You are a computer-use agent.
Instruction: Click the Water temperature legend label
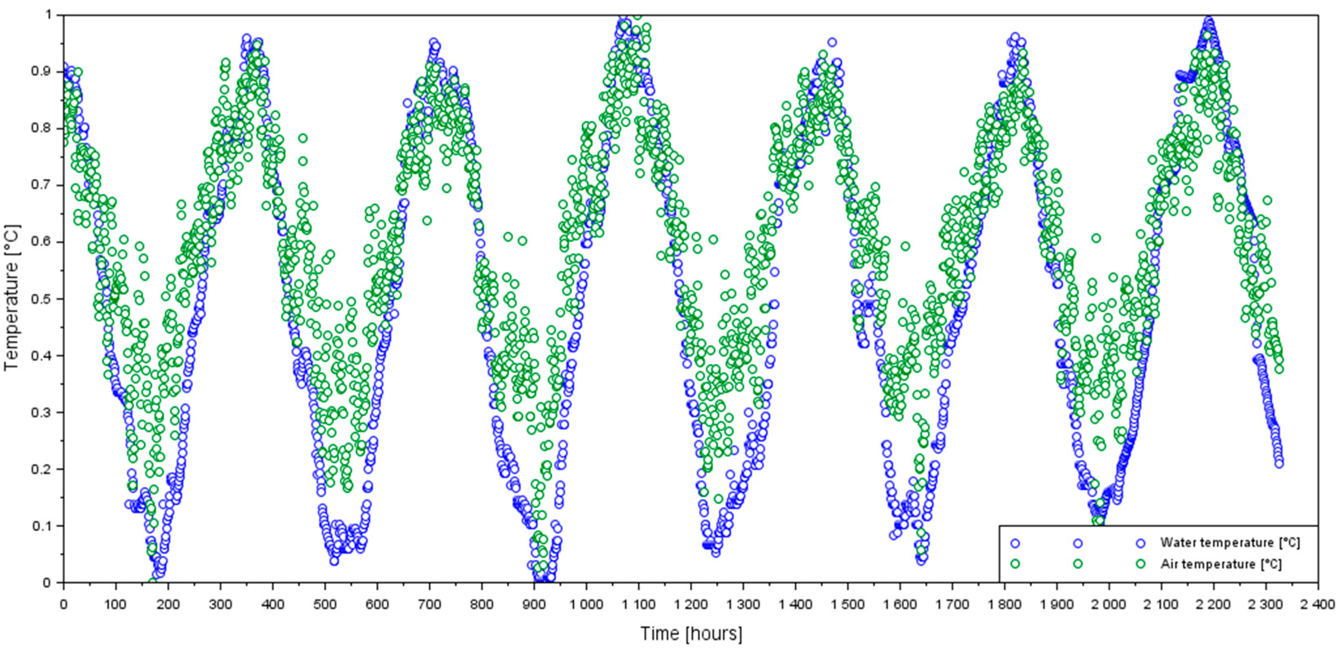pos(1230,543)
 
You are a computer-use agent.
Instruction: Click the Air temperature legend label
pos(1221,564)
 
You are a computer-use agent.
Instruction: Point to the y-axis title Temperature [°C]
pos(12,298)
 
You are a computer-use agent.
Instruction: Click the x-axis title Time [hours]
pos(691,634)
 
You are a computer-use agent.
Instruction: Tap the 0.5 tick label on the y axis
pos(43,299)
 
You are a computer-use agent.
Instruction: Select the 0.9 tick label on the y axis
pos(43,71)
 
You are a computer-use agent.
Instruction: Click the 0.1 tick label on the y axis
pos(43,526)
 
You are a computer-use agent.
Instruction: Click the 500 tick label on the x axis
pos(325,604)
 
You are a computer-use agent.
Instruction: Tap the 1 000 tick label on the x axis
pos(586,604)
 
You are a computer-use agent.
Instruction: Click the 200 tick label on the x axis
pos(168,604)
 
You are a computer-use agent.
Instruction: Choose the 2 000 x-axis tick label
pos(1109,604)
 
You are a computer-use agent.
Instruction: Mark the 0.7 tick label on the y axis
pos(43,185)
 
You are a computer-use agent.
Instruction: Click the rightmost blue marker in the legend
pos(1141,543)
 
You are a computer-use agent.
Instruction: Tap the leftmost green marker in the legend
pos(1014,564)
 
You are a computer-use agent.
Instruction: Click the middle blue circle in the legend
pos(1078,543)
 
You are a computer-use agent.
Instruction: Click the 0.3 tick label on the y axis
pos(43,413)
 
